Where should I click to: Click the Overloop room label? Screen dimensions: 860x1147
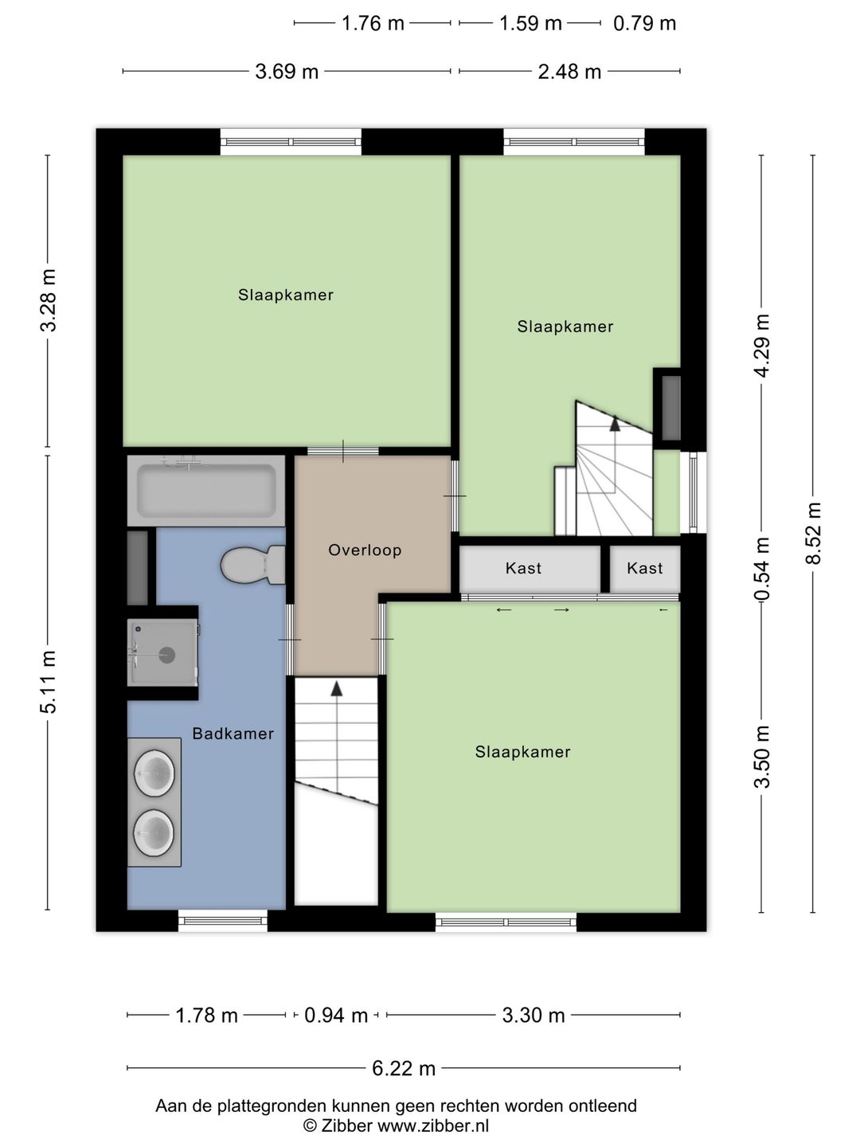coord(365,550)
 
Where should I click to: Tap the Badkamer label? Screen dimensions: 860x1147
coord(233,734)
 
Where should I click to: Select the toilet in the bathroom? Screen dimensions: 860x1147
coord(252,565)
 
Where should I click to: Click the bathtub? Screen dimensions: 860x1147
coord(206,491)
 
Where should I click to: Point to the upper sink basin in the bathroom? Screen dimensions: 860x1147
coord(154,773)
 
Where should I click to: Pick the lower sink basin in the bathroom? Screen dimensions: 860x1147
coord(154,833)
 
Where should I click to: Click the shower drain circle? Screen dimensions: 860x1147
coord(167,655)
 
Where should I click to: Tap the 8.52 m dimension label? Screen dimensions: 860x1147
coord(813,534)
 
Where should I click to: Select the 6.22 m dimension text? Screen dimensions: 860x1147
coord(404,1069)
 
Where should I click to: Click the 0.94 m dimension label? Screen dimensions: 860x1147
coord(336,1016)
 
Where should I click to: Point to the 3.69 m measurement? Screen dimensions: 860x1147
coord(287,72)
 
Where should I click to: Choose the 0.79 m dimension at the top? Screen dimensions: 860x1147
coord(644,24)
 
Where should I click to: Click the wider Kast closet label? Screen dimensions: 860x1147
coord(523,569)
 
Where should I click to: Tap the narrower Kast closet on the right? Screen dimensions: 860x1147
coord(645,569)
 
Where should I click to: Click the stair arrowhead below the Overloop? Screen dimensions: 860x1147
coord(337,689)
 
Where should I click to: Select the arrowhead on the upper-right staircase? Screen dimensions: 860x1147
coord(615,423)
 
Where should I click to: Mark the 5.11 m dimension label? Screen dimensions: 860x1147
coord(48,683)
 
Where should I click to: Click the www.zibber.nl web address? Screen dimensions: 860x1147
coord(433,1125)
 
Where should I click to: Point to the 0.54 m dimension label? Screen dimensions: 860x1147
coord(762,570)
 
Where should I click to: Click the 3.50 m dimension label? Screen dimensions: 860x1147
coord(762,757)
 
